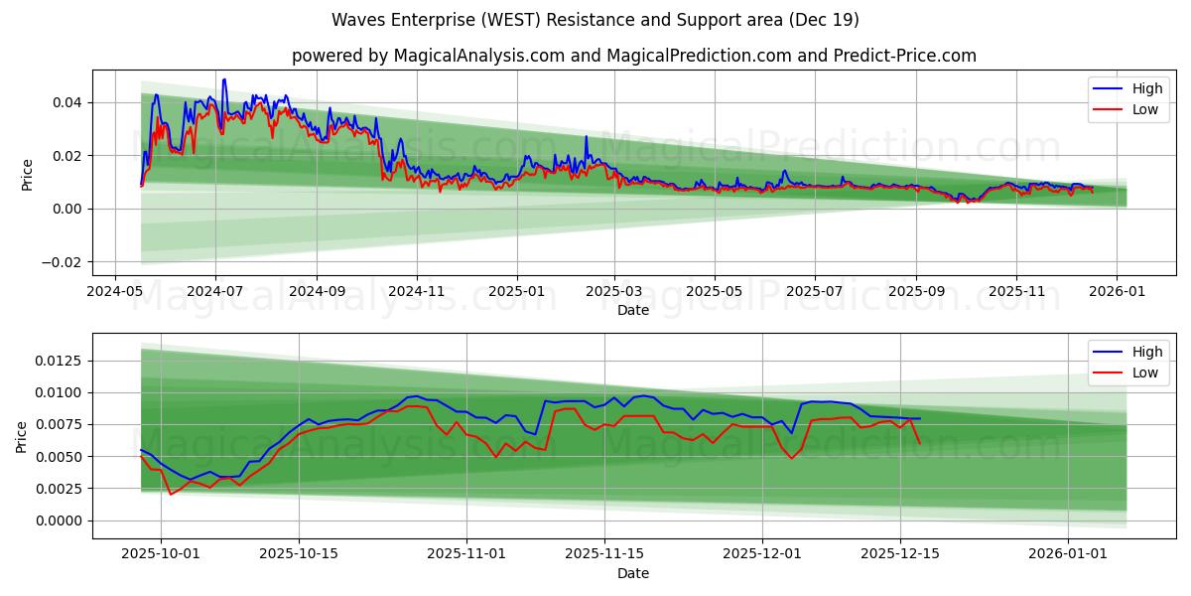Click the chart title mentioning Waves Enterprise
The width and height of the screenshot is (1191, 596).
(x=595, y=20)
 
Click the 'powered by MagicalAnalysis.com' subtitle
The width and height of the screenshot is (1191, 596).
(x=633, y=56)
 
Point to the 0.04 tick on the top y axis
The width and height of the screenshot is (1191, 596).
(x=66, y=102)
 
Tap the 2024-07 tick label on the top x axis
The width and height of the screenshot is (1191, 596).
(x=215, y=292)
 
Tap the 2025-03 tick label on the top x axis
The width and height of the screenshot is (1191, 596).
(x=614, y=292)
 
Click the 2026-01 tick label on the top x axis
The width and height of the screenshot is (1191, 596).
(x=1117, y=292)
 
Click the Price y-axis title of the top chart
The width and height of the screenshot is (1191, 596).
(x=27, y=174)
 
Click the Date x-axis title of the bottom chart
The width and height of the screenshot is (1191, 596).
(x=633, y=573)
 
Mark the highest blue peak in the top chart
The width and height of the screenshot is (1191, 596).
(x=224, y=79)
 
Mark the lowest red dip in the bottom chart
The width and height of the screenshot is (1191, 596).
(x=170, y=494)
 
